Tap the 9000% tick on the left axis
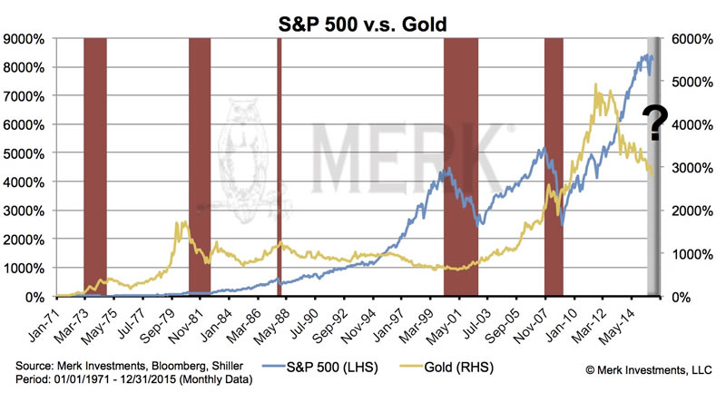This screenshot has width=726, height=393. (x=27, y=39)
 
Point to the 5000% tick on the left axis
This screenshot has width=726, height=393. (x=27, y=153)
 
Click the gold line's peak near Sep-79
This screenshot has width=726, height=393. (x=184, y=222)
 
